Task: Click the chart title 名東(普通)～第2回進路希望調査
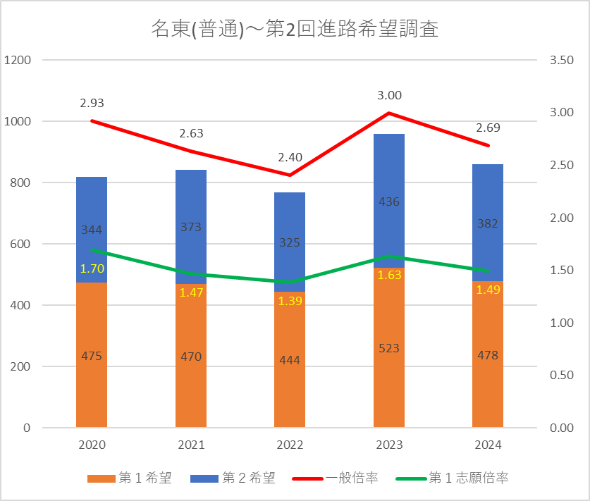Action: (x=295, y=30)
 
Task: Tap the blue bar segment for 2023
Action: (x=388, y=176)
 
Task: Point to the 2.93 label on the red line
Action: (x=92, y=103)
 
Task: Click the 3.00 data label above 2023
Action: (x=389, y=95)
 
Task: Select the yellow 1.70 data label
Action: (x=92, y=268)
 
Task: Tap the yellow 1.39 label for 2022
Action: (x=290, y=301)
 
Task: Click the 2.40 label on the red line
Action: (x=290, y=157)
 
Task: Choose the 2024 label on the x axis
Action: (x=488, y=445)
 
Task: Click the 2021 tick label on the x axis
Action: (x=191, y=445)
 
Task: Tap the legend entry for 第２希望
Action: (x=233, y=478)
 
